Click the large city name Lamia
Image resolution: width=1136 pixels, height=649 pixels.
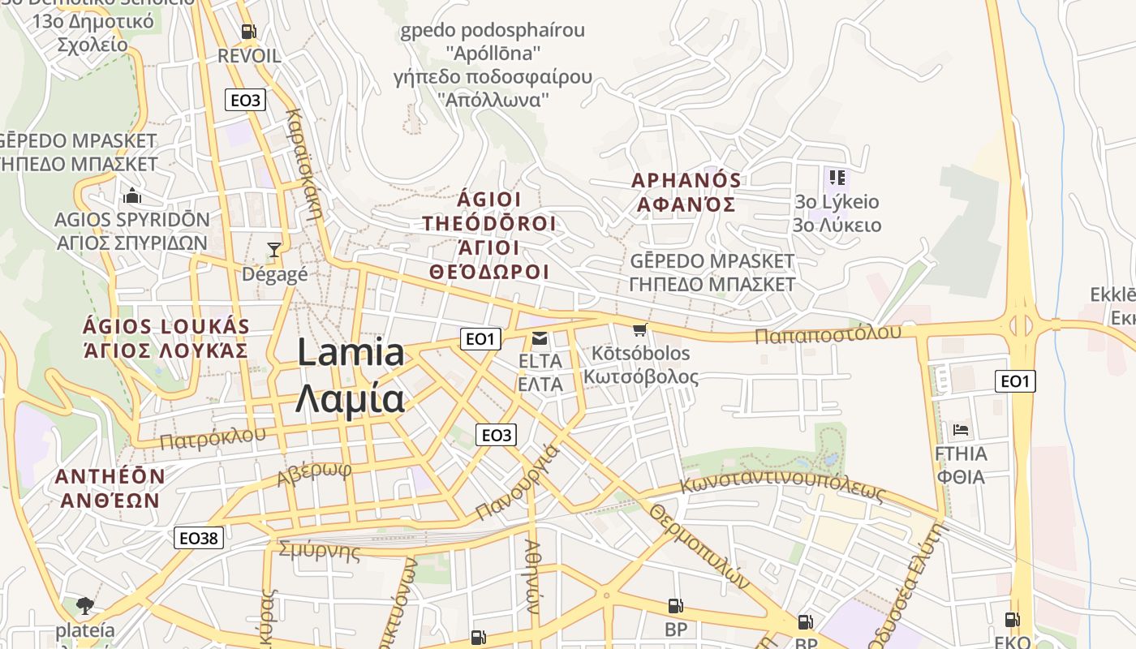(351, 353)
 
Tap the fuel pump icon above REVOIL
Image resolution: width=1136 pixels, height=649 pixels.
(248, 32)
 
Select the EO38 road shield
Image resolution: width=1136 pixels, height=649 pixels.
(199, 537)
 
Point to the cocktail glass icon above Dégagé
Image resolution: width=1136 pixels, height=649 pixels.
(274, 249)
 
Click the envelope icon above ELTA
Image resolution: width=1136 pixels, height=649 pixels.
(540, 337)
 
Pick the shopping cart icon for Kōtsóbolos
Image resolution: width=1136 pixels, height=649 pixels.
(640, 329)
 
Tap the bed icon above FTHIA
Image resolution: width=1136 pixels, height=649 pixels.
(962, 429)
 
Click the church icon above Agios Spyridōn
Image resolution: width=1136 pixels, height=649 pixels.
(131, 196)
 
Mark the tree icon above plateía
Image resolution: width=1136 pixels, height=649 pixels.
(84, 605)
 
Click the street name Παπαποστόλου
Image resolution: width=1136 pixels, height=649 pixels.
(828, 333)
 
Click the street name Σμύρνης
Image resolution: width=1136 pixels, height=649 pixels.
(319, 552)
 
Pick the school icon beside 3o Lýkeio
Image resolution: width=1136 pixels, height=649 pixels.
(837, 177)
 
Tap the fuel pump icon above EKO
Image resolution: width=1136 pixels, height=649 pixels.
(1013, 620)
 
